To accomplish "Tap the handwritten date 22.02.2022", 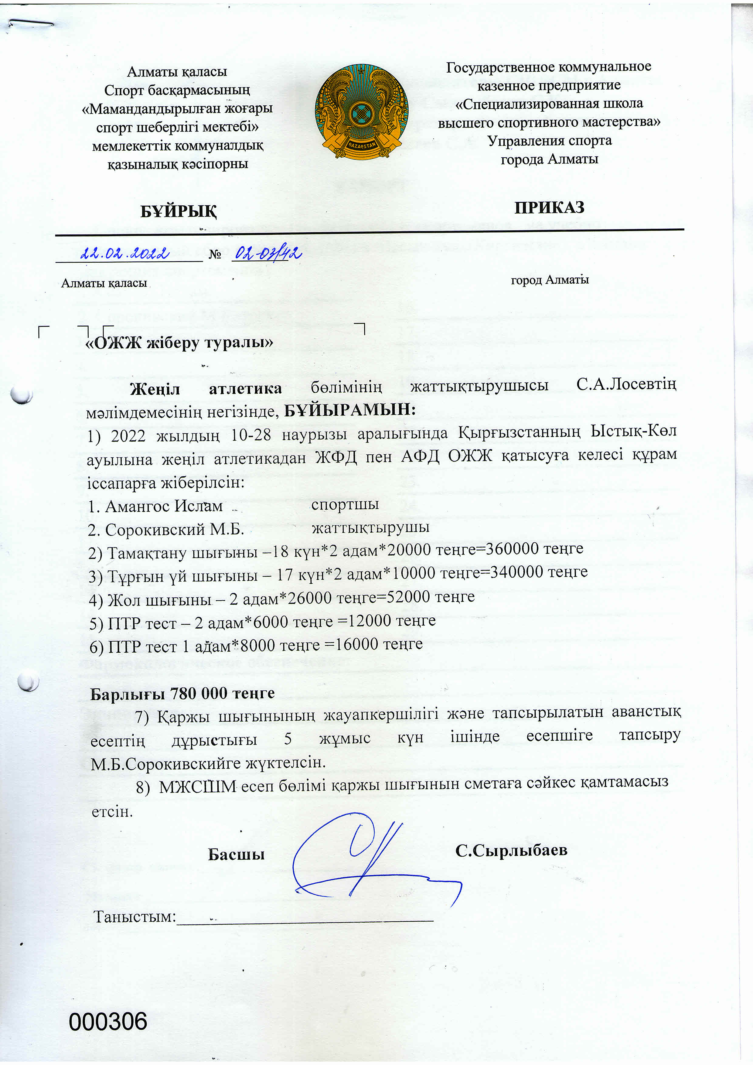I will click(124, 253).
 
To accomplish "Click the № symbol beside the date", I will click(215, 254).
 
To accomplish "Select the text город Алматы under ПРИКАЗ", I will click(550, 280).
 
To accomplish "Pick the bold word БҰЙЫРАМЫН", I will click(349, 410).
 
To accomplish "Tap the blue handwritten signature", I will click(371, 858).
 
